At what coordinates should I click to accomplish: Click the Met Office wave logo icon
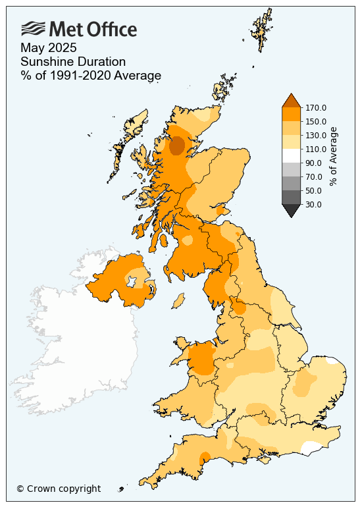point(34,28)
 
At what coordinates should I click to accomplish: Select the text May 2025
point(49,48)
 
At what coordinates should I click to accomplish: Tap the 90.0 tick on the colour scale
point(313,163)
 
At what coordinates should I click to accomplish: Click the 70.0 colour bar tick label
point(313,176)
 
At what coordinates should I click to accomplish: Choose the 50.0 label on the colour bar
point(313,190)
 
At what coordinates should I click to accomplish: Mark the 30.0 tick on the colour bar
point(313,204)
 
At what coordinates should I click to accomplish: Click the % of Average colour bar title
point(334,156)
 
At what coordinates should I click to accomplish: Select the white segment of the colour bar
point(292,155)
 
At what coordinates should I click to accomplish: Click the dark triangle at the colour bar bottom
point(292,210)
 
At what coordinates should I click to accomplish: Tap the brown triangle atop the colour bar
point(292,100)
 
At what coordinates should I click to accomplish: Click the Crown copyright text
point(59,489)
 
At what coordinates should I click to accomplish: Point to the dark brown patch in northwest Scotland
point(176,146)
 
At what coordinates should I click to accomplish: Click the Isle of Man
point(177,301)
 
